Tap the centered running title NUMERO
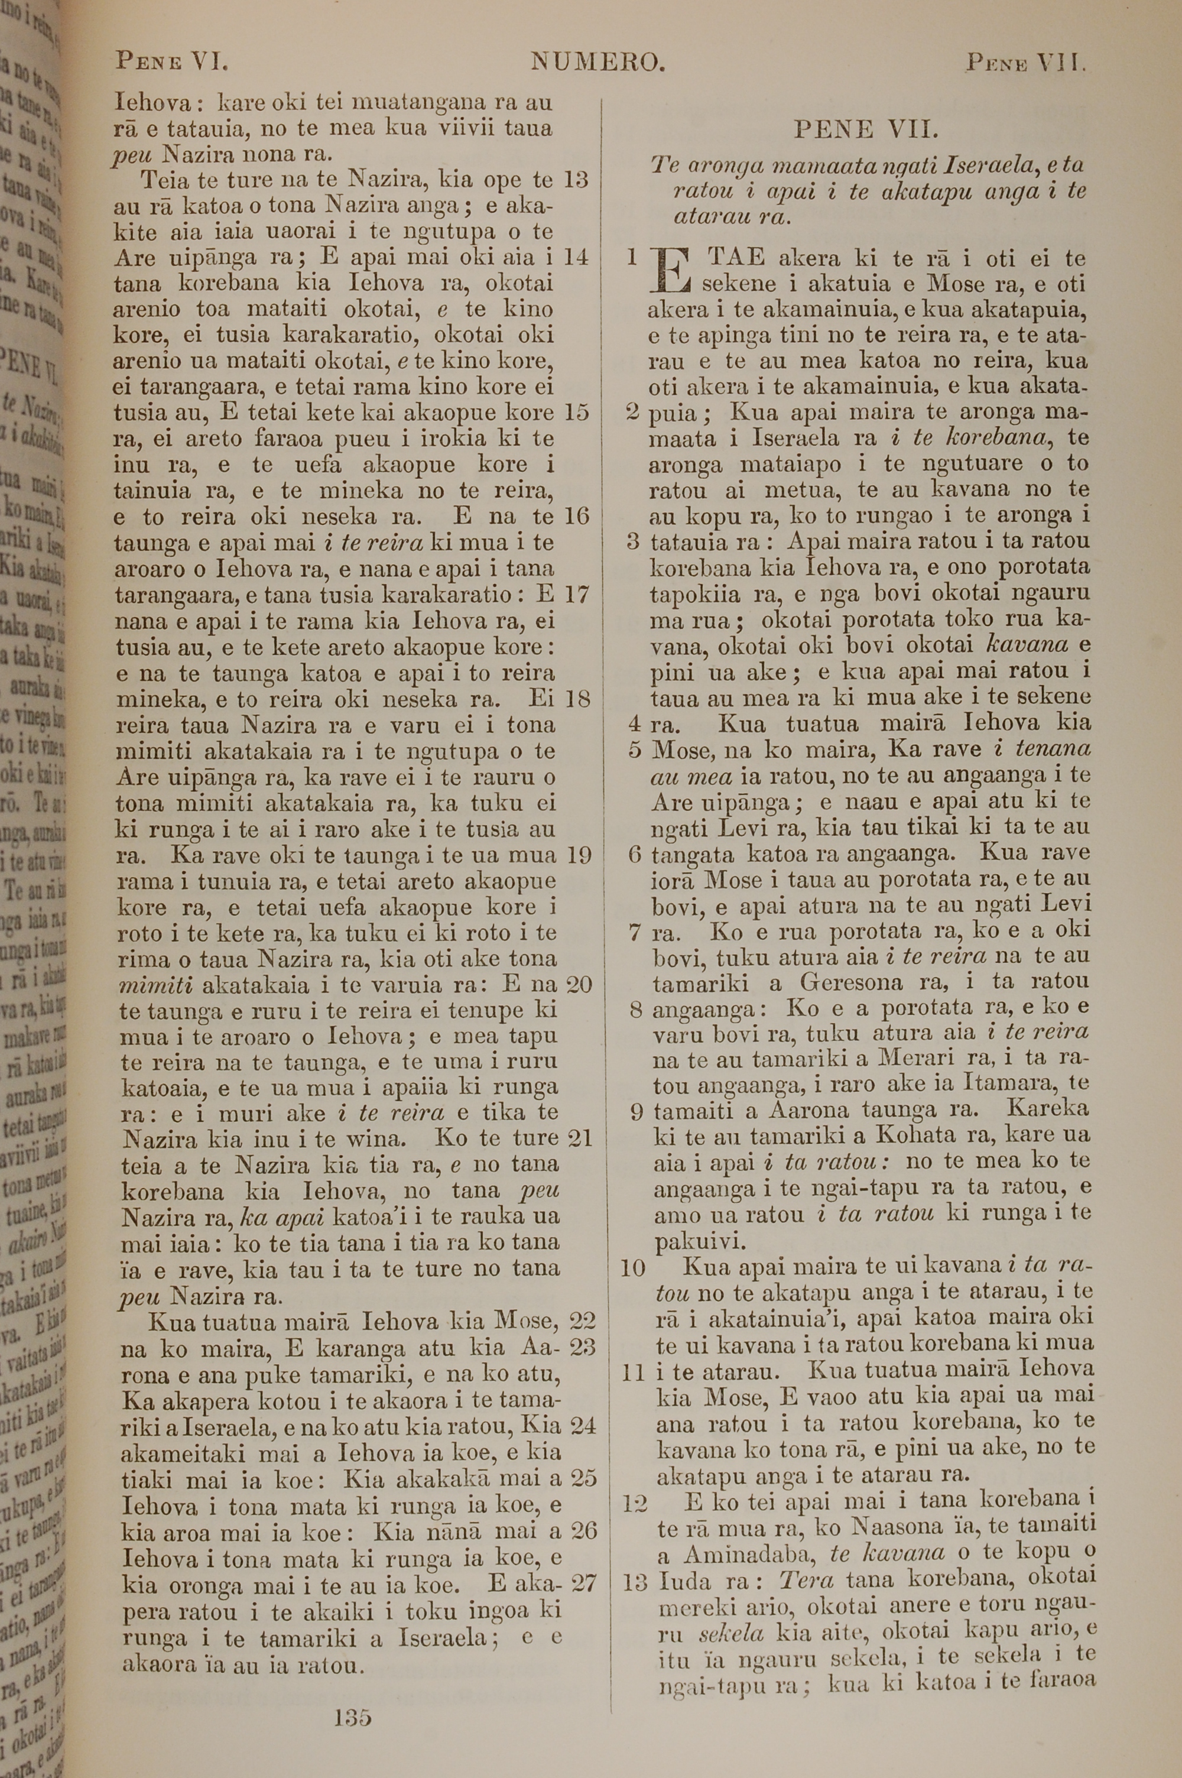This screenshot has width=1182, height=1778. point(598,61)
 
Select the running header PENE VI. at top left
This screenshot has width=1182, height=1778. point(171,60)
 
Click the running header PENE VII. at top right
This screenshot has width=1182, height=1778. point(1026,62)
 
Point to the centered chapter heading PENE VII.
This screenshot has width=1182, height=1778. point(867,131)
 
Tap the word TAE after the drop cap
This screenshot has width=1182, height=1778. point(736,258)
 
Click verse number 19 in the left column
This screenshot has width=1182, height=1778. point(578,855)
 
